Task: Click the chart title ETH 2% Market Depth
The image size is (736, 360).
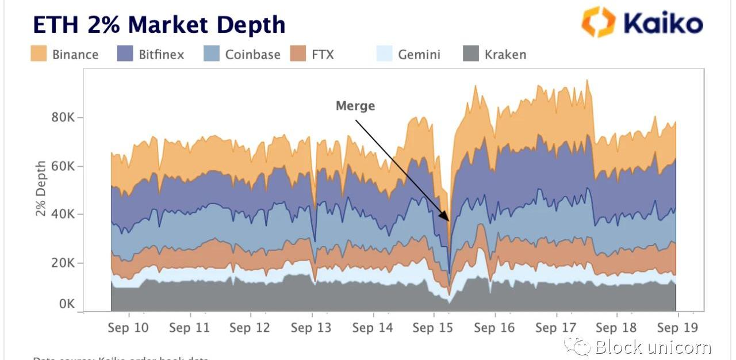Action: pyautogui.click(x=159, y=25)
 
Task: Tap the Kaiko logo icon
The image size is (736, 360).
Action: pyautogui.click(x=599, y=22)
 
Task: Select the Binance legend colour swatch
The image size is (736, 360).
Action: pyautogui.click(x=39, y=54)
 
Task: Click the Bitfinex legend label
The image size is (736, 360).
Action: pyautogui.click(x=161, y=55)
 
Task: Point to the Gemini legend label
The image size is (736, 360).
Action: pyautogui.click(x=419, y=55)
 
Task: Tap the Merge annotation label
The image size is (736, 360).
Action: pyautogui.click(x=355, y=106)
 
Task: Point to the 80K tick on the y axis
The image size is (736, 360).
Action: pyautogui.click(x=64, y=118)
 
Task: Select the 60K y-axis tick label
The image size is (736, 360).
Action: pyautogui.click(x=64, y=166)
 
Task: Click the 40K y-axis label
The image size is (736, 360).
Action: pyautogui.click(x=64, y=215)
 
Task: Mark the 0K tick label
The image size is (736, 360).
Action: pyautogui.click(x=67, y=304)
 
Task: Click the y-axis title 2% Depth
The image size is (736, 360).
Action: pyautogui.click(x=41, y=189)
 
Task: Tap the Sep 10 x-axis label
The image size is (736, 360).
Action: pyautogui.click(x=128, y=328)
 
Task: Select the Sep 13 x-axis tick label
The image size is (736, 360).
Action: pyautogui.click(x=311, y=328)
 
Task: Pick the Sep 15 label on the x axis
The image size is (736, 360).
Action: pyautogui.click(x=433, y=328)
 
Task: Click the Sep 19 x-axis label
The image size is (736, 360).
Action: pyautogui.click(x=676, y=328)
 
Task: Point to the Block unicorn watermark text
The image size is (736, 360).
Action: pyautogui.click(x=653, y=347)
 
